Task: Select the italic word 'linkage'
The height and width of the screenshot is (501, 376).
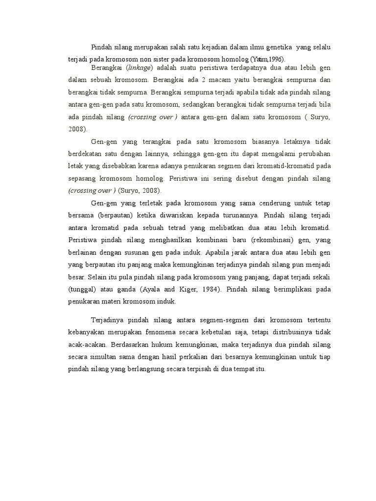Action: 140,68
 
